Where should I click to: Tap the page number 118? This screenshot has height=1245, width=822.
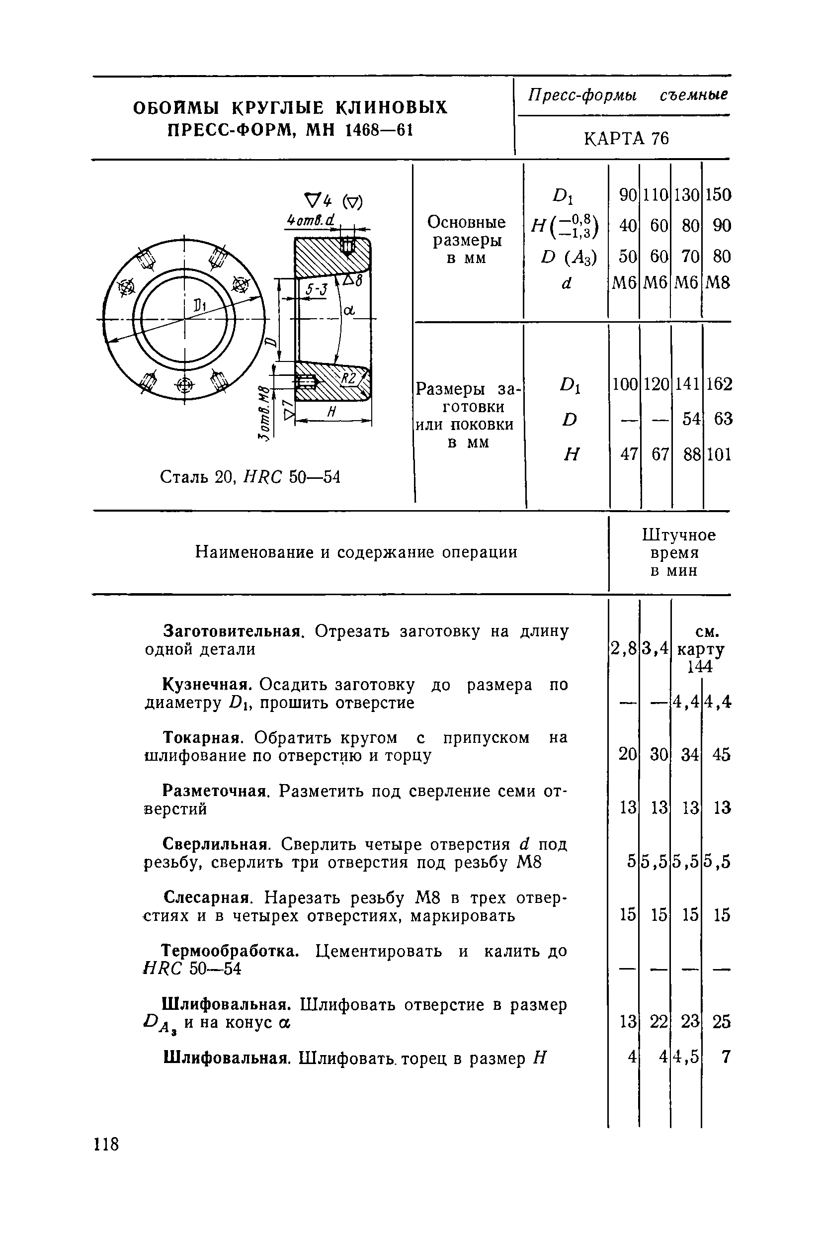[x=106, y=1144]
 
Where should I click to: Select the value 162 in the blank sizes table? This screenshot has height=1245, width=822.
[x=718, y=384]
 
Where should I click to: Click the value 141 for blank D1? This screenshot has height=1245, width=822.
[x=687, y=384]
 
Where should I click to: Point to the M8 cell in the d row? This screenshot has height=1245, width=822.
[x=718, y=283]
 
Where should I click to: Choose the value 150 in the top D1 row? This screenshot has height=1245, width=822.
[x=718, y=195]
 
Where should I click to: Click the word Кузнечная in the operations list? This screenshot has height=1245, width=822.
[x=204, y=685]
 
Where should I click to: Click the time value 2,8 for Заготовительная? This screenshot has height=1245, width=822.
[x=623, y=649]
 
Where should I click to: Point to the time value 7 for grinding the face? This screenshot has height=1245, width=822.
[x=726, y=1057]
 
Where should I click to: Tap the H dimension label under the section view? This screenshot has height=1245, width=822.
[x=331, y=413]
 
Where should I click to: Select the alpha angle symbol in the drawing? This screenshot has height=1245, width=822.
[x=348, y=311]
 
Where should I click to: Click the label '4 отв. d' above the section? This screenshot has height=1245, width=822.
[x=312, y=221]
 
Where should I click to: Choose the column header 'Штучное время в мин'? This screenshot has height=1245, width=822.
[x=678, y=553]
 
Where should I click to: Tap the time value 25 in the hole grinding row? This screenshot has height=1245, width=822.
[x=721, y=1022]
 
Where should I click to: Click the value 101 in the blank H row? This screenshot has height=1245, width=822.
[x=718, y=454]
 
